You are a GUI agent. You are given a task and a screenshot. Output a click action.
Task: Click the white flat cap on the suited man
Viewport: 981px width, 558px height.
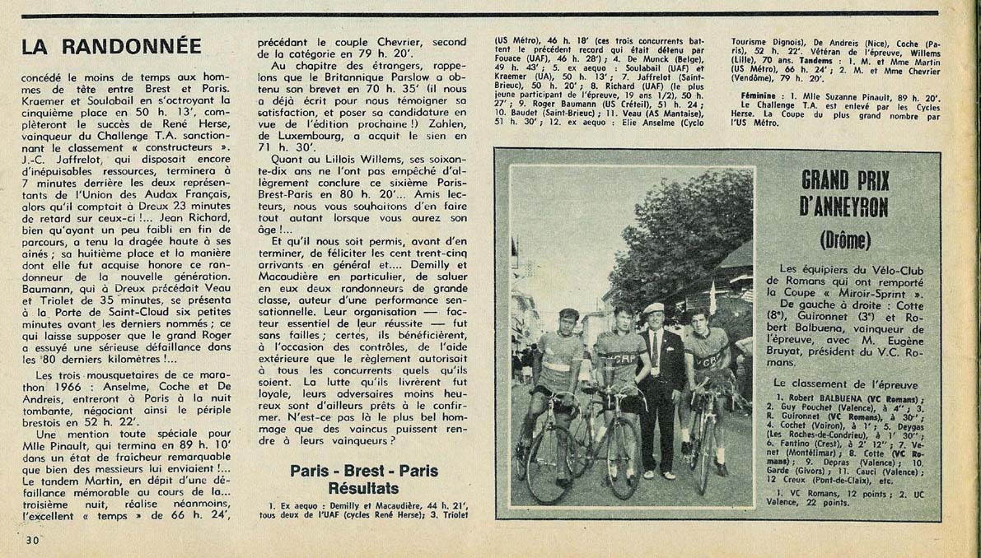pyautogui.click(x=654, y=308)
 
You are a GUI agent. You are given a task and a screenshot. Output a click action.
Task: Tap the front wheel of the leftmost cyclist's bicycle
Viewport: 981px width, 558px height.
pyautogui.click(x=551, y=463)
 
